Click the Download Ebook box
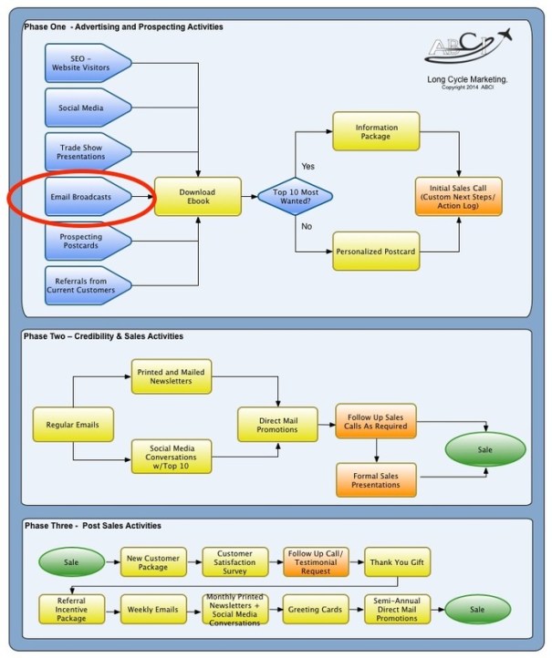coord(197,196)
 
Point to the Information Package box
coord(376,131)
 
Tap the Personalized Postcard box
coord(376,251)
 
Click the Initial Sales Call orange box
coord(459,196)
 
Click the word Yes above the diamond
coord(307,167)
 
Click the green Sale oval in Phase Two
coord(484,450)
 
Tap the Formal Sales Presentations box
coord(377,479)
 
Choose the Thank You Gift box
coord(397,561)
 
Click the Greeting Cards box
coord(315,608)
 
